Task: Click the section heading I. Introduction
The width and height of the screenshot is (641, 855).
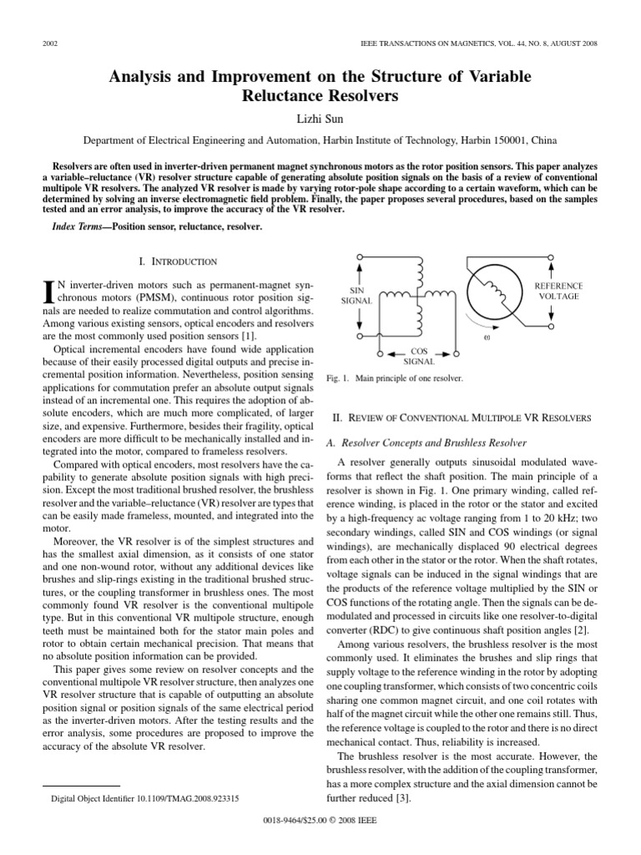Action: (x=176, y=261)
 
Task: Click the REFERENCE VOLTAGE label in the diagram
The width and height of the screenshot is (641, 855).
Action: (x=558, y=291)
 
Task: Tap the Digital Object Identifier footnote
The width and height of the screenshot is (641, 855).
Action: (x=145, y=798)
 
